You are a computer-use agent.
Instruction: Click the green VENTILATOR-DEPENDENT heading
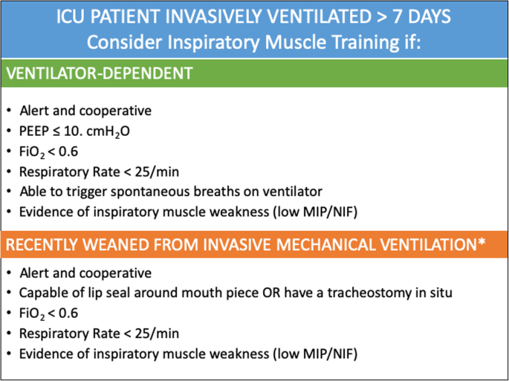click(x=100, y=73)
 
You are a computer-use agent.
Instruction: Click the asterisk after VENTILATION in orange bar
click(x=482, y=242)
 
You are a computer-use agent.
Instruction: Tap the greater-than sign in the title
click(x=382, y=18)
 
